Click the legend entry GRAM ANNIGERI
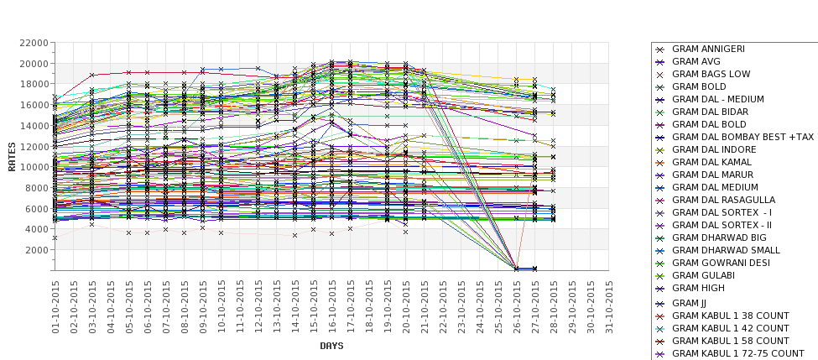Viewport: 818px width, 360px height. tap(708, 49)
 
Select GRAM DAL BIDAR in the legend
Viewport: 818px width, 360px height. tap(710, 112)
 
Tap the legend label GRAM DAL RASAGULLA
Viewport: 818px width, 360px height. tap(723, 200)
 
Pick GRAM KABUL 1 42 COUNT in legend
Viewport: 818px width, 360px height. tap(730, 328)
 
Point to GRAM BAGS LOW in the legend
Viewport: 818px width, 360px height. tap(711, 74)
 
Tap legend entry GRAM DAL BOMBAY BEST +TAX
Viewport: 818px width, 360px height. tap(742, 137)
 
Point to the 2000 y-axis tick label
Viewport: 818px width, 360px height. tap(35, 250)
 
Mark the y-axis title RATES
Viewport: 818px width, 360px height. tap(12, 156)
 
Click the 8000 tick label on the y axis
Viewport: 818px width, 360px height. tap(35, 188)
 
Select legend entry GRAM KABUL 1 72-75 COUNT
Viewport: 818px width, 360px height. tap(738, 353)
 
